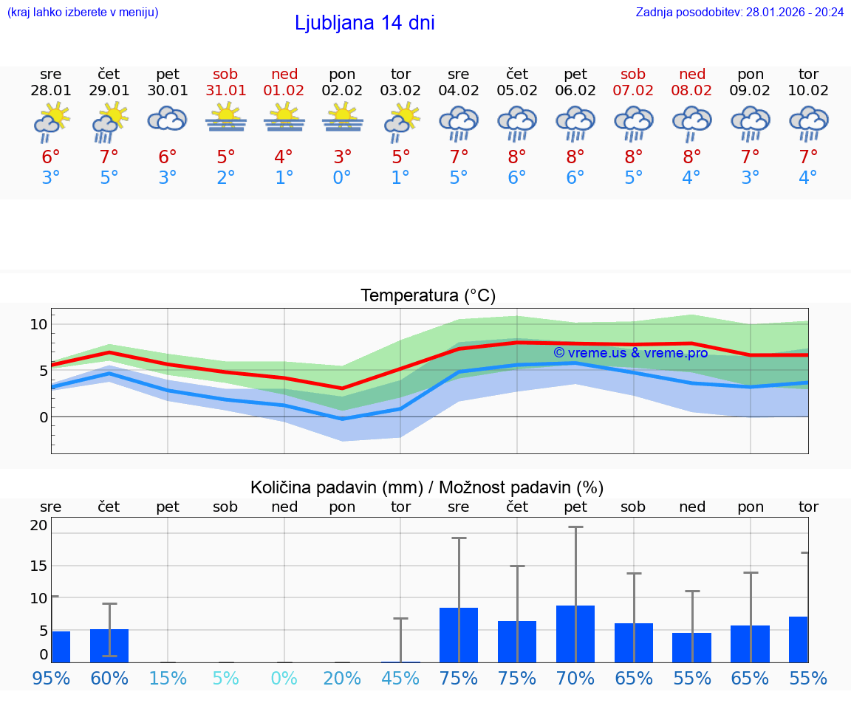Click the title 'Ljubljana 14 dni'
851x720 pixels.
(x=364, y=23)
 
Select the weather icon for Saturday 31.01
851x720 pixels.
(x=226, y=118)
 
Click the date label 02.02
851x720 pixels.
(x=342, y=90)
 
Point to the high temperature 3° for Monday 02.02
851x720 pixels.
(x=342, y=157)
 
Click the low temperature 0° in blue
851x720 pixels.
(x=342, y=178)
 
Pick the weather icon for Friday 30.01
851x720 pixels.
(x=168, y=118)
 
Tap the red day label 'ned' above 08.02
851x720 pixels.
(x=692, y=74)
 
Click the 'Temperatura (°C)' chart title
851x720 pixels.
(x=428, y=296)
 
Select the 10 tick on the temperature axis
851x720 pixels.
(x=38, y=324)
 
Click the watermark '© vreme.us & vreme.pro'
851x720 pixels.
(x=631, y=353)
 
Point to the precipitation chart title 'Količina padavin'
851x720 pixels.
(x=427, y=487)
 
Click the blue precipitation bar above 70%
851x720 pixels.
(x=575, y=634)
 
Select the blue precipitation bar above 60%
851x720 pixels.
(x=109, y=645)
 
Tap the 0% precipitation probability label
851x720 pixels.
(x=284, y=678)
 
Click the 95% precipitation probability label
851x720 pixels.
(x=51, y=678)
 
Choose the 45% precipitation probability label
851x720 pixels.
(x=400, y=678)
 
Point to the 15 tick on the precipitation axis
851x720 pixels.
(x=38, y=566)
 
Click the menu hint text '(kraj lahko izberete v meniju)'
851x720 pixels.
(x=83, y=12)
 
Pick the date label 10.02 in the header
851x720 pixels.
(x=808, y=90)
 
